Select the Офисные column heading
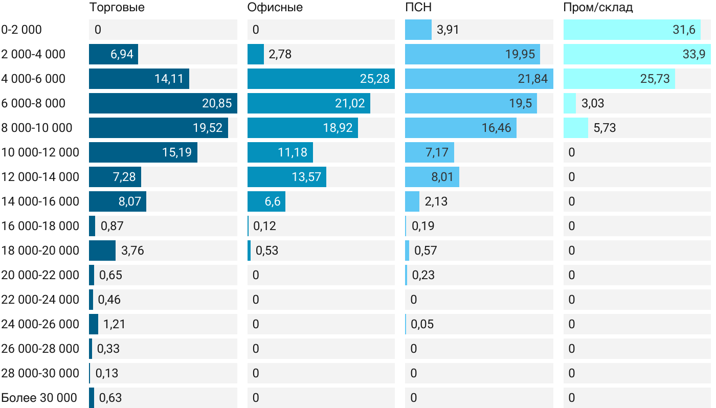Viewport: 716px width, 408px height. tap(275, 7)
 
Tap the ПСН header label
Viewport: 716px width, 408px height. tap(418, 7)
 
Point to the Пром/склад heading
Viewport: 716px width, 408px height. tap(598, 7)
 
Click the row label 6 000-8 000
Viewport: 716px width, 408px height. tap(33, 103)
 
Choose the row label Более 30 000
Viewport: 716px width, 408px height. tap(39, 398)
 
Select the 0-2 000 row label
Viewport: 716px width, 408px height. tap(21, 30)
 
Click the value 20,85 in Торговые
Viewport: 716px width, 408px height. tap(217, 103)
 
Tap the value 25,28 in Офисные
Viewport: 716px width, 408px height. tap(374, 79)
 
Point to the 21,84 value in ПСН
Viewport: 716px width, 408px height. tap(532, 79)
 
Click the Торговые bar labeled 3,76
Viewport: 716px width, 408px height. tap(102, 251)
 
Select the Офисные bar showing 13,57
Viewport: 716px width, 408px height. tap(286, 177)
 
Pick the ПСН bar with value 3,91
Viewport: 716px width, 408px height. tap(418, 30)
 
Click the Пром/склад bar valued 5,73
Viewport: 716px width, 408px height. tap(575, 128)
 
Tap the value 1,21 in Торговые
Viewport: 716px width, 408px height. tap(114, 324)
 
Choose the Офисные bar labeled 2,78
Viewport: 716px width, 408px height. tap(255, 54)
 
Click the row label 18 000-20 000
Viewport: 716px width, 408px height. tap(40, 251)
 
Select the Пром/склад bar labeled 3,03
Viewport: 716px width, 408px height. tap(569, 103)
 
